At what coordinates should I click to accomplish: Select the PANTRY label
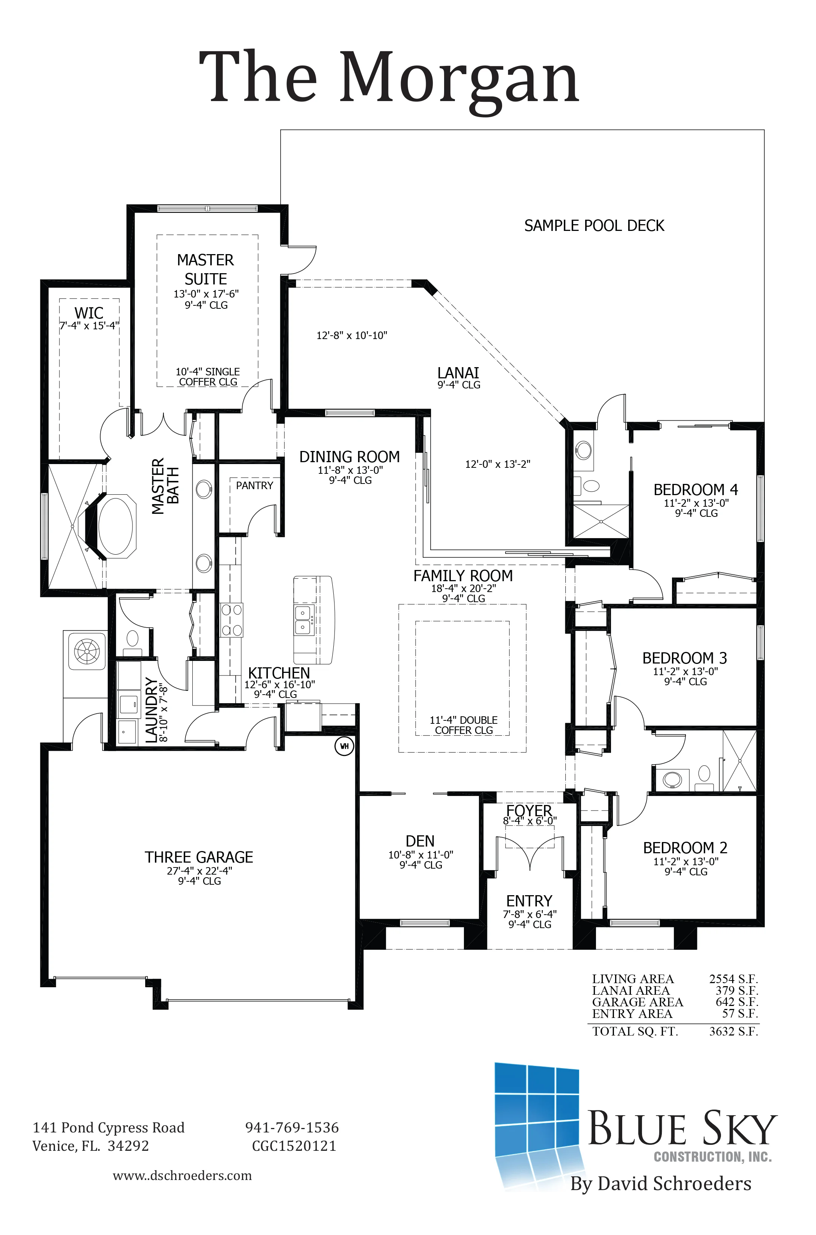254,485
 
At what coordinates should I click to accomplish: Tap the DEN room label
420,842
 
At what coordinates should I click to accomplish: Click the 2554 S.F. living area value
734,979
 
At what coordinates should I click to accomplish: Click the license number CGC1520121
294,1146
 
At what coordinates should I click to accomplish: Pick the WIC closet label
89,313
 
